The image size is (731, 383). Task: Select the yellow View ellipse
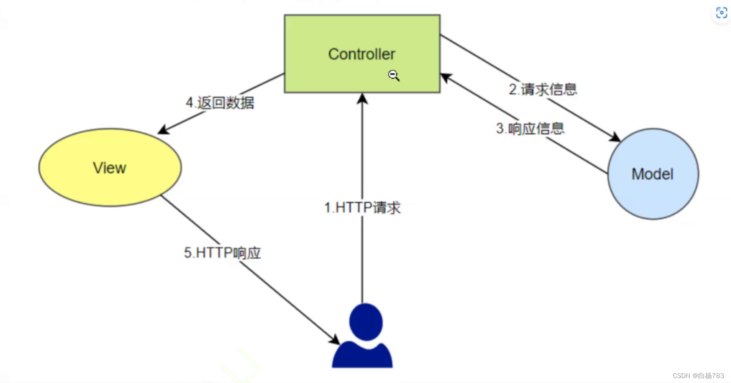coord(110,183)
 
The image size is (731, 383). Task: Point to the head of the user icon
coord(366,322)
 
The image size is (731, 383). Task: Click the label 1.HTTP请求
coord(362,208)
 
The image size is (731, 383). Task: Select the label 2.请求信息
coord(543,89)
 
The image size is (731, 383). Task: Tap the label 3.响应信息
coord(530,129)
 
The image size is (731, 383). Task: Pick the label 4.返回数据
coord(220,102)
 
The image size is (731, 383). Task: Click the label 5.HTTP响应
coord(222,253)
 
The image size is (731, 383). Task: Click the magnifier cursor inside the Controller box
coord(393,75)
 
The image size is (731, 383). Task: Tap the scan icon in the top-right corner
coord(721,13)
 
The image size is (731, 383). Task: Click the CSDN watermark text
coord(698,376)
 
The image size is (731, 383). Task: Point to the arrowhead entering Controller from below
coord(362,98)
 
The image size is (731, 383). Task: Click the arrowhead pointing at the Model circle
coord(615,137)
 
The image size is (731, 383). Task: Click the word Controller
coord(362,54)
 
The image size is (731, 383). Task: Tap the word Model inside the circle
coord(652,174)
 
